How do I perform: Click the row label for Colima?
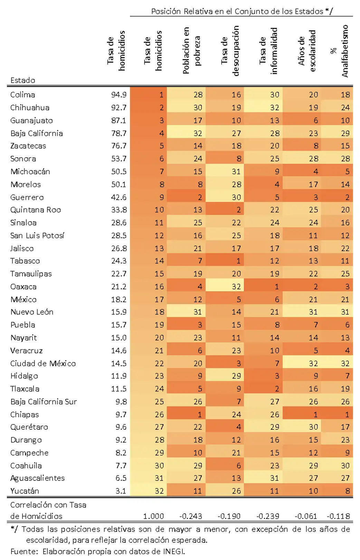point(22,95)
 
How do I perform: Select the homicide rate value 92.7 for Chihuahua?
point(119,108)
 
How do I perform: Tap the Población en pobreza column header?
point(191,50)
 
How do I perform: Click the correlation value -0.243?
point(190,516)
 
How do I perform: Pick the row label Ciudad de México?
point(43,363)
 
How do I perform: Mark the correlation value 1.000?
point(153,516)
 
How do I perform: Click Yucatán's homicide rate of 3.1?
point(121,491)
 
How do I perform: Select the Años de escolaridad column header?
point(306,51)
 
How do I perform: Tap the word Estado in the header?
point(22,80)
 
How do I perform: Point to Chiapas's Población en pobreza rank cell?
point(186,414)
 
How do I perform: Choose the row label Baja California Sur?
point(44,402)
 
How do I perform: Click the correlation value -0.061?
point(305,516)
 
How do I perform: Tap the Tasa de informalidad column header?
point(268,51)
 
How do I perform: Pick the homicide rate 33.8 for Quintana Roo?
point(119,210)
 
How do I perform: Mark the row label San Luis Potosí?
point(37,236)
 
